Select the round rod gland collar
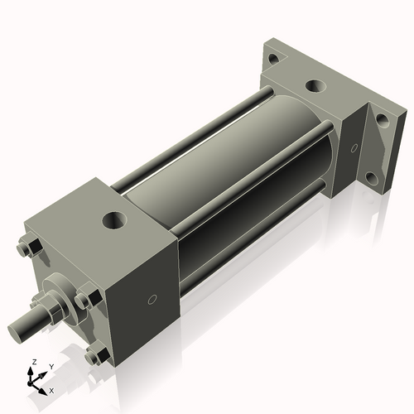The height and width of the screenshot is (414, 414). [x=56, y=292]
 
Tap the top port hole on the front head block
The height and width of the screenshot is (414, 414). [x=112, y=221]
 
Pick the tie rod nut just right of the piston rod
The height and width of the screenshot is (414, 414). [x=84, y=300]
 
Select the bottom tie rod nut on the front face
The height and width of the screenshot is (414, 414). [x=94, y=357]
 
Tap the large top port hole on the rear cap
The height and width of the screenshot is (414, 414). [x=315, y=86]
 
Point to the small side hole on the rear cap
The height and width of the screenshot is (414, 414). [x=354, y=148]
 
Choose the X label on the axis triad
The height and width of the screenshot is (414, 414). [x=52, y=389]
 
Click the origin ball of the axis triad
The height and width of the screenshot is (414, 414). [x=34, y=382]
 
